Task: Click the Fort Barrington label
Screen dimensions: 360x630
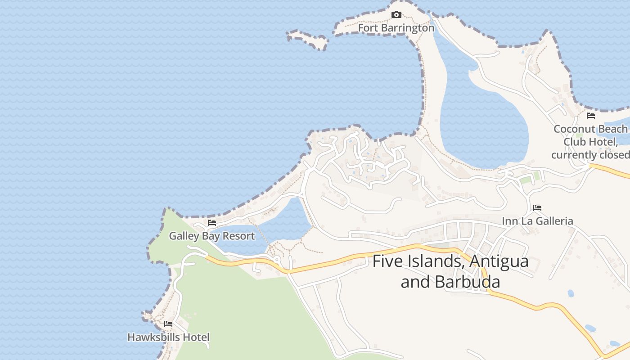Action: [396, 28]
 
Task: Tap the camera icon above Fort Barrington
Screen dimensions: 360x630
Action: [396, 15]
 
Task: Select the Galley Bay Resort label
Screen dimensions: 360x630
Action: [211, 236]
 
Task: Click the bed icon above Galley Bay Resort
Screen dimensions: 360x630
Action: [212, 223]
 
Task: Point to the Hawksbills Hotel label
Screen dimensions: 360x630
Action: [168, 337]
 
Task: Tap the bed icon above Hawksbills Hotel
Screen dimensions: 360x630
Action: [168, 324]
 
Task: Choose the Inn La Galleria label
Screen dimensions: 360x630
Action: [537, 221]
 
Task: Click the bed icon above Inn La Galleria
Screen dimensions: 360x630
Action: [537, 208]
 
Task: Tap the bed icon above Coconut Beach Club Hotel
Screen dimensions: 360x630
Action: [591, 116]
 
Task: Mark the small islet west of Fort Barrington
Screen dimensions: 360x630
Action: [308, 40]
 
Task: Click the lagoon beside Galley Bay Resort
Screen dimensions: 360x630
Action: [286, 223]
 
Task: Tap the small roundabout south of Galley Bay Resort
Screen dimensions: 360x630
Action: [277, 260]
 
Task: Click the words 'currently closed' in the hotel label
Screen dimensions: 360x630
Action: [590, 155]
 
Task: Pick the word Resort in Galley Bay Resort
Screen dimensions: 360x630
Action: [239, 236]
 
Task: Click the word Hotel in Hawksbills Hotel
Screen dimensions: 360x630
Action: [196, 337]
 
